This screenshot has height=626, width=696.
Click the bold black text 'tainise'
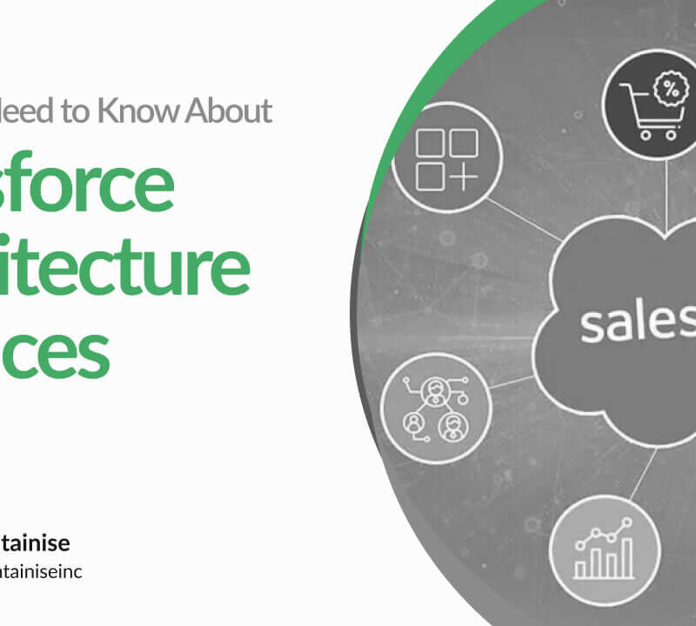click(35, 543)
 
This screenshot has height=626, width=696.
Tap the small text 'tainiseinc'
click(41, 572)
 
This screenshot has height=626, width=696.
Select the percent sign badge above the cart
click(670, 87)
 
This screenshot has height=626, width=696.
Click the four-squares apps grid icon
click(447, 160)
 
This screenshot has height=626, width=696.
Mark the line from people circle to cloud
click(513, 381)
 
